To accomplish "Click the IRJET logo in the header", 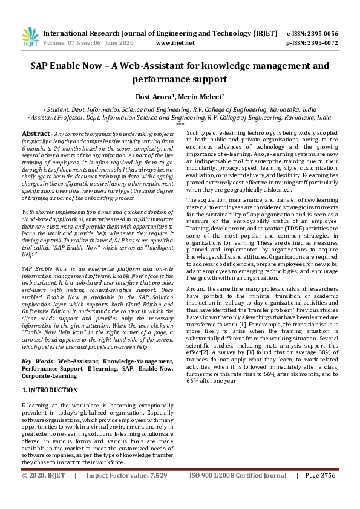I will [30, 38].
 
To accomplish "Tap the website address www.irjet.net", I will [175, 43].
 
